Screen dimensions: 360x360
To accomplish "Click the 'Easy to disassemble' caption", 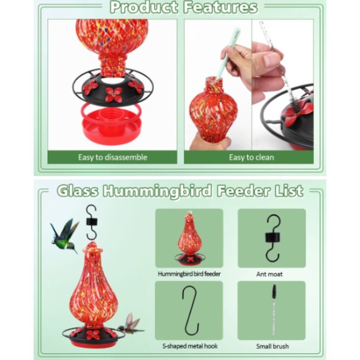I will click(x=112, y=157).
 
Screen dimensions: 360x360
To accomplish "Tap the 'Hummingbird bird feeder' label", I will click(x=189, y=274).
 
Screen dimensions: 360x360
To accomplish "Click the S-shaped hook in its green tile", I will click(x=190, y=312).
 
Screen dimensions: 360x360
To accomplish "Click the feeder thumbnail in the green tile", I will click(x=189, y=239).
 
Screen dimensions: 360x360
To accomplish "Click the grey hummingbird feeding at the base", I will click(x=130, y=323).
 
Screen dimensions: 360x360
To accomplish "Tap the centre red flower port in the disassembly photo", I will click(x=113, y=94).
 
